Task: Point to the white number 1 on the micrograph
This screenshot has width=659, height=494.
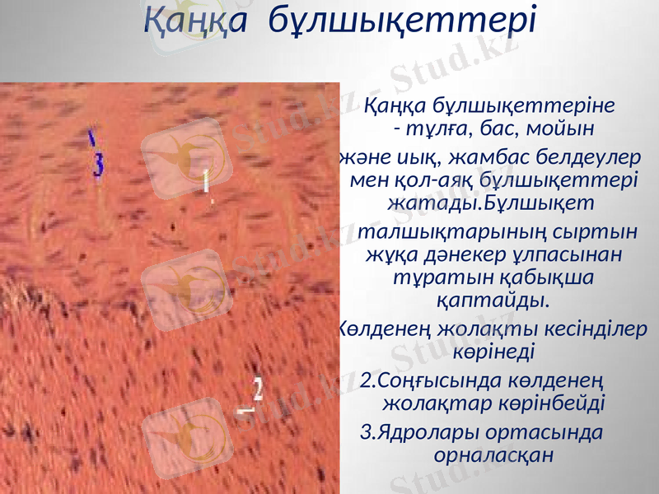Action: click(x=207, y=179)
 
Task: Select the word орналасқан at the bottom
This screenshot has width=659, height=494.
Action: click(x=491, y=454)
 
